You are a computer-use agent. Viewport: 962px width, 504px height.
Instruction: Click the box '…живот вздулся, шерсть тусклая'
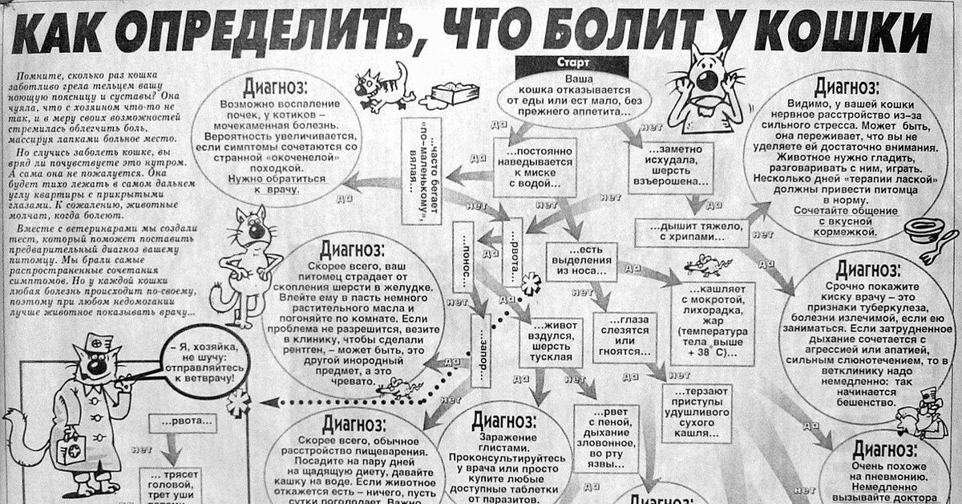click(x=549, y=340)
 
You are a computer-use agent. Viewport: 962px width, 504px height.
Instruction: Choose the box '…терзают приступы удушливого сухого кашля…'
click(x=697, y=412)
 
